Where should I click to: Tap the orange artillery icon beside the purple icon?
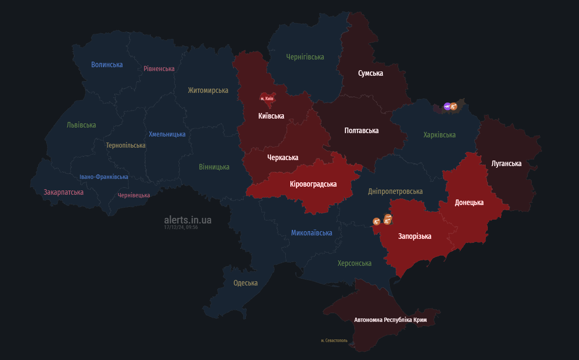pos(454,106)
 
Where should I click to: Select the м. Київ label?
pos(267,99)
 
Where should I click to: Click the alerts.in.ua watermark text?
pos(188,220)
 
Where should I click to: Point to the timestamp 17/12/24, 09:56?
pos(181,227)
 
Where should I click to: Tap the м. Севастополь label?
pos(334,341)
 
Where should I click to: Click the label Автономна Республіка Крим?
pos(390,320)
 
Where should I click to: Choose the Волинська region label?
pos(107,65)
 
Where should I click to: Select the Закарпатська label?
pos(63,192)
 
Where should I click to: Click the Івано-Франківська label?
pos(104,177)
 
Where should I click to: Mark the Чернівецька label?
pos(134,195)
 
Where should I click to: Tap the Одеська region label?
pos(245,283)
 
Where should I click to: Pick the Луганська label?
pos(506,164)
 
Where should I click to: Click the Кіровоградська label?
pos(313,184)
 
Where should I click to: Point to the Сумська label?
pos(370,73)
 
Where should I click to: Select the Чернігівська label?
pos(305,57)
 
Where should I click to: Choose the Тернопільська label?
pos(125,146)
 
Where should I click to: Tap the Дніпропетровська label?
pos(395,191)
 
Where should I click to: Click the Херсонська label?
pos(354,263)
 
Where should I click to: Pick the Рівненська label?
pos(159,68)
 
